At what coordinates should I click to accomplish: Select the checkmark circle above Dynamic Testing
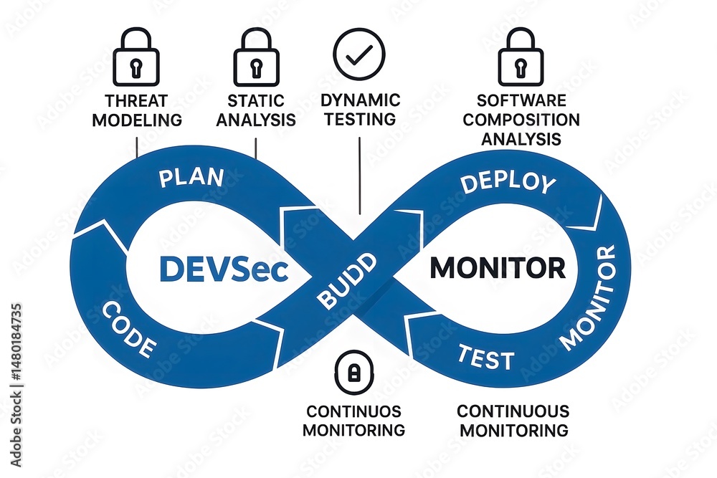click(x=359, y=54)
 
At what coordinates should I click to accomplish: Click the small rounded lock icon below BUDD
click(x=353, y=373)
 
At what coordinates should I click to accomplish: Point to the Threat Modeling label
click(x=136, y=110)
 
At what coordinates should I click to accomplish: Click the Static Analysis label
click(x=256, y=110)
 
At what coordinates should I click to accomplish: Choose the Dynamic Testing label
click(x=360, y=110)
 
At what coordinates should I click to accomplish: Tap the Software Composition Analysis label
click(x=521, y=120)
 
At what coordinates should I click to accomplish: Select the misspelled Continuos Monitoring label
click(x=353, y=421)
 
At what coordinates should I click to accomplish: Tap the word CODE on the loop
click(x=128, y=330)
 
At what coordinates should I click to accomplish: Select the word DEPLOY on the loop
click(x=508, y=182)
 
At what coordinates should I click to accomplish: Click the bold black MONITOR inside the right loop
click(x=497, y=268)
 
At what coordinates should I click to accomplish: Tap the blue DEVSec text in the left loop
click(x=223, y=269)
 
